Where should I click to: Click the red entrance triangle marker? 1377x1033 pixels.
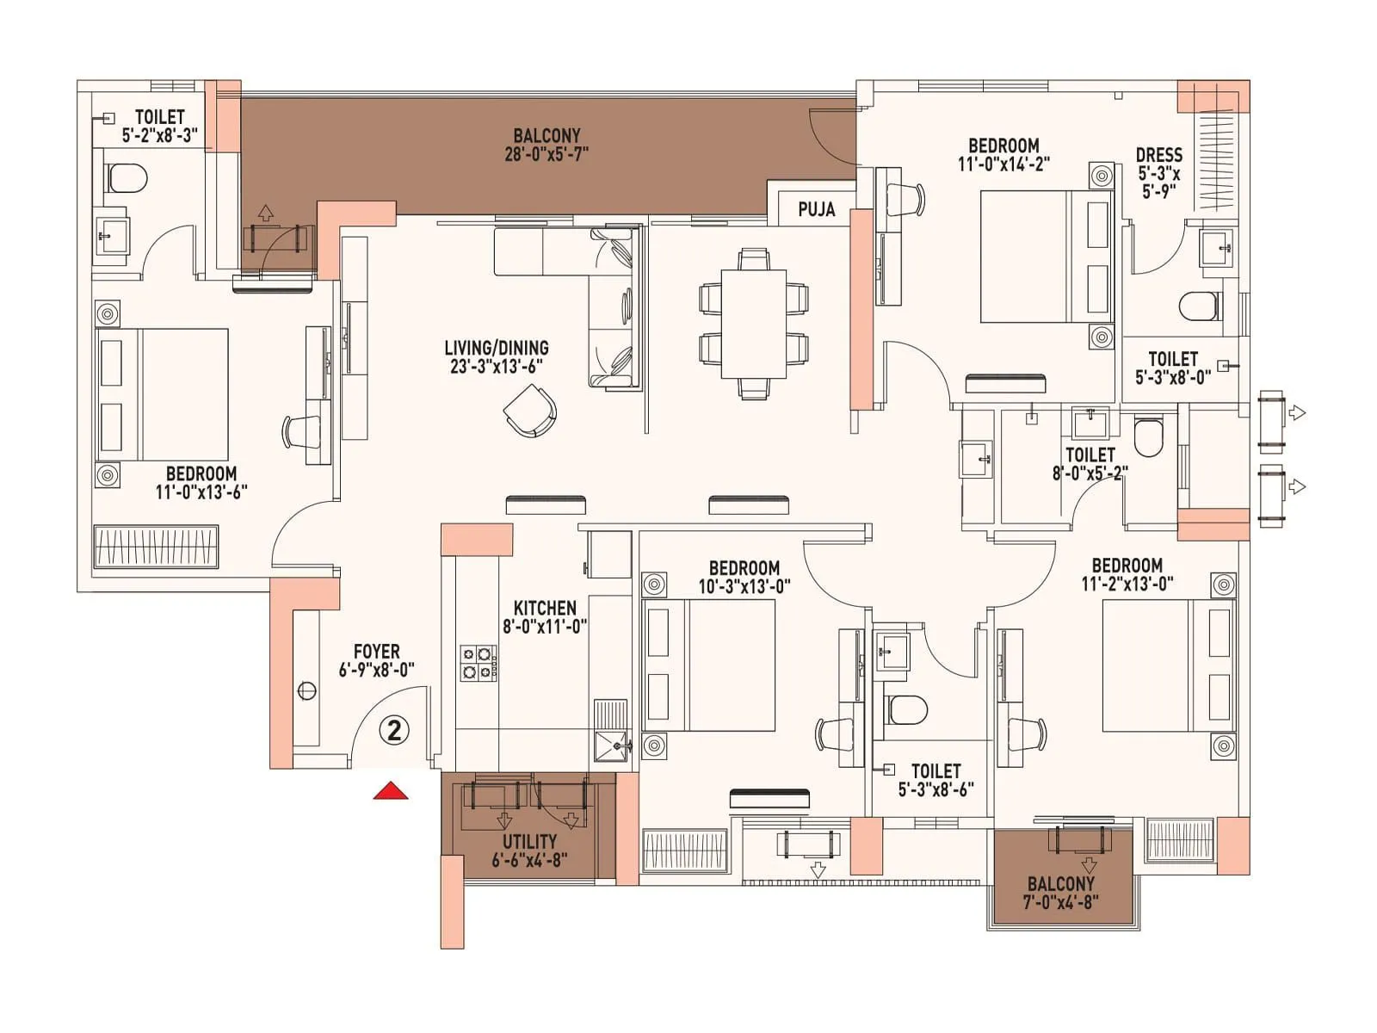click(390, 791)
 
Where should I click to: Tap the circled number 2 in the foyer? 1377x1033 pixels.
click(394, 731)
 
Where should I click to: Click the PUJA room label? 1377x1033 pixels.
click(816, 209)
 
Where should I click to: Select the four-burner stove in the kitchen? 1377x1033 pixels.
click(479, 663)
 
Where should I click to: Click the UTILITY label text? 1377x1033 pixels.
click(529, 841)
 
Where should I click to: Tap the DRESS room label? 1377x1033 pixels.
click(1158, 155)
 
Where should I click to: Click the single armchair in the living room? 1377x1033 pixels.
click(529, 411)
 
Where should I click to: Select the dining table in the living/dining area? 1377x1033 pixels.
click(753, 323)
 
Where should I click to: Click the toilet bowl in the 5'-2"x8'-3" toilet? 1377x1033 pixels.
click(127, 178)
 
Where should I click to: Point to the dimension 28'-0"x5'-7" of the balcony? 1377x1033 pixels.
click(546, 155)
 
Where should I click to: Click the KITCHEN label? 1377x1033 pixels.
click(545, 608)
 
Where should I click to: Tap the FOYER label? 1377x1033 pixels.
click(376, 652)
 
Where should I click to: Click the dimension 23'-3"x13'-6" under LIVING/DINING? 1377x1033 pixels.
click(497, 366)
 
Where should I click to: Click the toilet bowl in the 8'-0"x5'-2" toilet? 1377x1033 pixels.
click(1148, 436)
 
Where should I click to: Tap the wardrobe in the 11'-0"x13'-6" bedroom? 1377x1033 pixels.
click(156, 546)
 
